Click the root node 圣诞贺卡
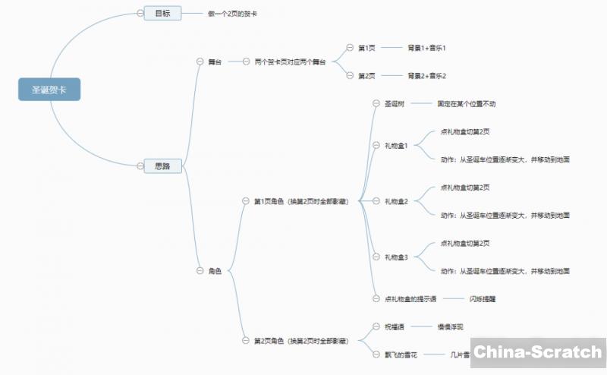(x=49, y=90)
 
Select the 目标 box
(x=162, y=14)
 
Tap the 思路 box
(x=162, y=166)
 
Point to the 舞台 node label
(x=215, y=61)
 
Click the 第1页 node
(x=366, y=48)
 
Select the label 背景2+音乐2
(x=426, y=75)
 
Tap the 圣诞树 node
(x=395, y=103)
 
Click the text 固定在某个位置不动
(x=467, y=103)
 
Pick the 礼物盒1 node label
(x=396, y=145)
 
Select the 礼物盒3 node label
(x=396, y=257)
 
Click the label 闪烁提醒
(x=483, y=299)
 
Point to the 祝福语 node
(x=395, y=327)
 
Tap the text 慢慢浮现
(x=450, y=327)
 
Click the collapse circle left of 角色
(x=200, y=271)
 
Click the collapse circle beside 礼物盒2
(x=376, y=201)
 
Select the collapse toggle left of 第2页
(x=350, y=75)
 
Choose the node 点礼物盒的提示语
(x=410, y=299)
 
